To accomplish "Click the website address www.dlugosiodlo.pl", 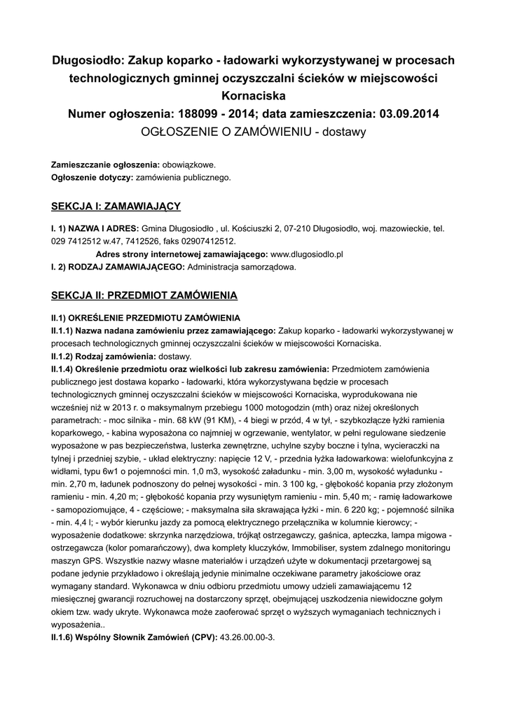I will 306,253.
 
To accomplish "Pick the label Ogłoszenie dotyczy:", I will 92,177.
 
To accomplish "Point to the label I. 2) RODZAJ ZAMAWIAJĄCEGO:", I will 116,266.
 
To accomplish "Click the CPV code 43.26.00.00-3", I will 247,638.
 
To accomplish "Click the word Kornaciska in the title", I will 254,95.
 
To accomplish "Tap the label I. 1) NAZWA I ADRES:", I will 95,228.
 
